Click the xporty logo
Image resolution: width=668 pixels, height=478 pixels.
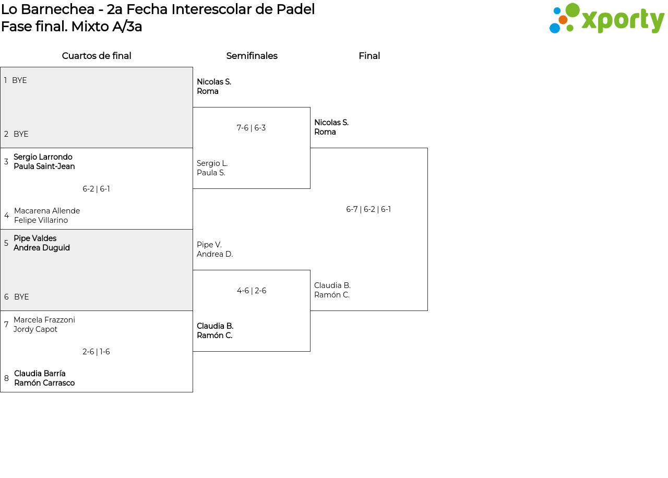tap(606, 18)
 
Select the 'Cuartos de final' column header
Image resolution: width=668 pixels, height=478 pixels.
tap(97, 56)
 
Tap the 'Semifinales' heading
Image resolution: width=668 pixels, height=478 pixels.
tap(252, 56)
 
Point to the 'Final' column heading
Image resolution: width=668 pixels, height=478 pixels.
tap(369, 56)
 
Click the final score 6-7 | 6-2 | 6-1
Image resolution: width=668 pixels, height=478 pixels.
tap(368, 209)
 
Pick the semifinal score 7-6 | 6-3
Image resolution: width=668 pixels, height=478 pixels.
tap(251, 128)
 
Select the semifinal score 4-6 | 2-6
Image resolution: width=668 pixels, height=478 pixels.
tap(252, 291)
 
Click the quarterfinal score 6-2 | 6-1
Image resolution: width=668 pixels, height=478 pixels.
tap(96, 189)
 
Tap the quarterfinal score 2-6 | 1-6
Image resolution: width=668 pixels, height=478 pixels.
tap(96, 352)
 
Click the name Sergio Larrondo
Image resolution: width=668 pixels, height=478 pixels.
tap(43, 157)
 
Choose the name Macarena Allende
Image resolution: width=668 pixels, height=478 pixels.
tap(47, 210)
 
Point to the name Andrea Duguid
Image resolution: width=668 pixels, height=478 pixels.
tap(42, 248)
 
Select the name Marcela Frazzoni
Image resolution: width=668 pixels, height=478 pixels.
tap(44, 320)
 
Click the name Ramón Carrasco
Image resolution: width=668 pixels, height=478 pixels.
tap(44, 383)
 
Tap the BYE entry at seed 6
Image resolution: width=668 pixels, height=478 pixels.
tap(21, 297)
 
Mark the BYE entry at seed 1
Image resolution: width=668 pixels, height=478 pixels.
tap(19, 80)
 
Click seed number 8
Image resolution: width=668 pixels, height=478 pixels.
tap(6, 378)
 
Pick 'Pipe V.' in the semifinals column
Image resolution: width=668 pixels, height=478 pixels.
tap(209, 245)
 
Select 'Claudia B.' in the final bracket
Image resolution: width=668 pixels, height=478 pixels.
tap(332, 285)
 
